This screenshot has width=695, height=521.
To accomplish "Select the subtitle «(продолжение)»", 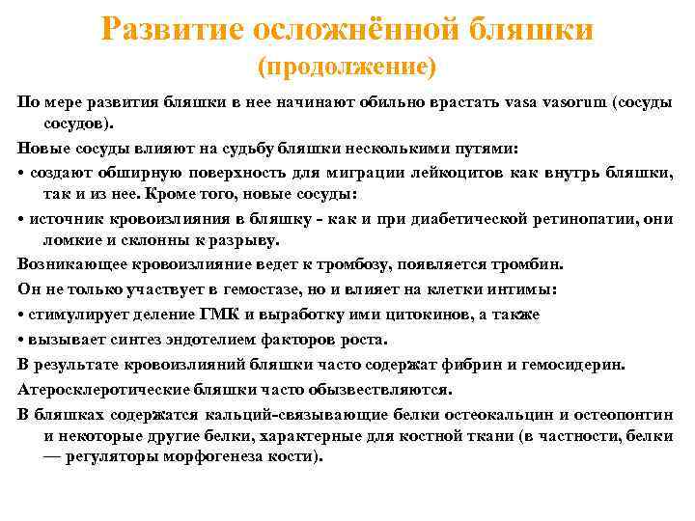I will pyautogui.click(x=347, y=68).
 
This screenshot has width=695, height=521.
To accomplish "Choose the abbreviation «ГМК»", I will pyautogui.click(x=199, y=315).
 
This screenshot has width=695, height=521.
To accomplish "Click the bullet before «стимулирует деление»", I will pyautogui.click(x=21, y=315).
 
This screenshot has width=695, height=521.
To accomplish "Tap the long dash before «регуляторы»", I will pyautogui.click(x=52, y=457).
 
